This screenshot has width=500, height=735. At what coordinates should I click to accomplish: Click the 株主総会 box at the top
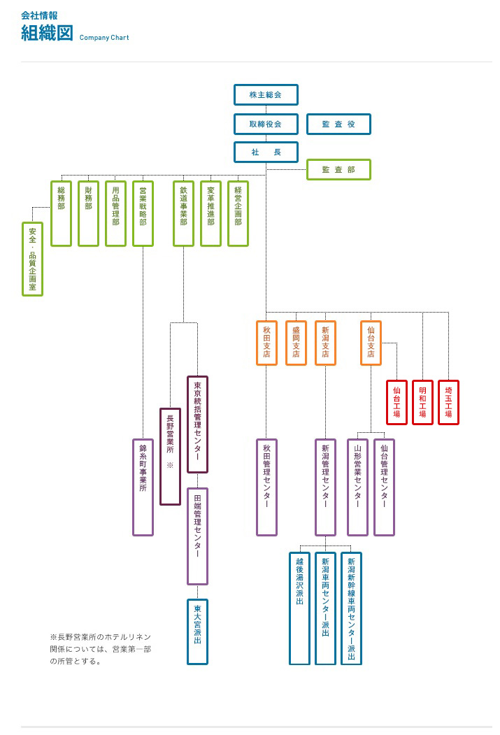[266, 94]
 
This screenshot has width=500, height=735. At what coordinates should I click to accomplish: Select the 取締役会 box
[266, 124]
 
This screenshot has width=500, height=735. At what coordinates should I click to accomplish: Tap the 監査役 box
[338, 124]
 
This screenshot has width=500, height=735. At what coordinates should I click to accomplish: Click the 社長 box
[266, 152]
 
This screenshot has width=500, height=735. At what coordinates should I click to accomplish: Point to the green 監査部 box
[338, 169]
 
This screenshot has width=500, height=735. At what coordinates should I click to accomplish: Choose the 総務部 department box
[61, 213]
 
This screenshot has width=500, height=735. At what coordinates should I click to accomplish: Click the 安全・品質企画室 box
[32, 259]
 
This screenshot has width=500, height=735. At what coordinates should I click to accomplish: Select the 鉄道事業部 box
[183, 213]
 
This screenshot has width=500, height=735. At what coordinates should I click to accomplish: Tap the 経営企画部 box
[238, 213]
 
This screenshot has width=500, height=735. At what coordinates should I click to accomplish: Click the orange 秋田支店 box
[266, 343]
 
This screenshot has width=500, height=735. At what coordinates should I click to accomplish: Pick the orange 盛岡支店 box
[296, 343]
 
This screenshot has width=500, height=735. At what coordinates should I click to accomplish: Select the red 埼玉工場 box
[448, 402]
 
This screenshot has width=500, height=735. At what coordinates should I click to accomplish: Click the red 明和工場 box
[422, 402]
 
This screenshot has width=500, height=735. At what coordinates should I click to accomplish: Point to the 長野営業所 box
[170, 456]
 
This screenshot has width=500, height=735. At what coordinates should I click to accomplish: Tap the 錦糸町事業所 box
[143, 487]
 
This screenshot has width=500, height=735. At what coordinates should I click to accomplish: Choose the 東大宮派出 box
[197, 631]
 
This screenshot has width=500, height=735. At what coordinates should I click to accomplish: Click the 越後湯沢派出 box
[299, 608]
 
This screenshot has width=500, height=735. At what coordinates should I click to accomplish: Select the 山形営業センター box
[357, 487]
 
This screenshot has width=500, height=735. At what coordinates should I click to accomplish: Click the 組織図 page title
[47, 33]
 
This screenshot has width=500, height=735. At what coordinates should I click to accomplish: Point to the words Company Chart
[104, 38]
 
